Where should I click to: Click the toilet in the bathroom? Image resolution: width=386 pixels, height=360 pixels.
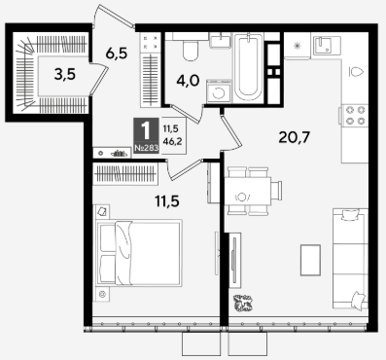[191, 51]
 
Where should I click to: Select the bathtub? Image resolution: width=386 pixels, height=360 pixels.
[248, 67]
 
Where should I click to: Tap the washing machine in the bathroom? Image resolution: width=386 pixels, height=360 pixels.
[219, 91]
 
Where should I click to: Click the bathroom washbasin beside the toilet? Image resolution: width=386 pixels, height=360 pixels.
[220, 40]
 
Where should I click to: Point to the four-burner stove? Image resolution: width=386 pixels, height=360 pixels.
[354, 115]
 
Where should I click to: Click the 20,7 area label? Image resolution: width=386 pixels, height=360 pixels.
[295, 138]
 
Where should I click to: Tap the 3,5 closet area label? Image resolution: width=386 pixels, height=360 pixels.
[65, 75]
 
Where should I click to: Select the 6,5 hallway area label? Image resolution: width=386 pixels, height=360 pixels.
[117, 54]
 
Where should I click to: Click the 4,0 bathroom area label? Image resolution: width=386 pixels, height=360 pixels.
[188, 81]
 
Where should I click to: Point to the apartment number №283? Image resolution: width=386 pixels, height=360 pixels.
[147, 149]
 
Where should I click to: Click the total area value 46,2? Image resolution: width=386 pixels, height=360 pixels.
[172, 141]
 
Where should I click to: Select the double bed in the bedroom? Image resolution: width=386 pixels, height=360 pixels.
[139, 253]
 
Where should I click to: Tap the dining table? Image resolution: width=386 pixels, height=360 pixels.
[248, 192]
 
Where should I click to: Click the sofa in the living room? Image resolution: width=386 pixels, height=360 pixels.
[351, 259]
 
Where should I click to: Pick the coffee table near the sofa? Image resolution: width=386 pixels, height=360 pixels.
[310, 260]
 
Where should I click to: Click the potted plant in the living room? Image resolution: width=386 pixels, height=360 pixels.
[243, 304]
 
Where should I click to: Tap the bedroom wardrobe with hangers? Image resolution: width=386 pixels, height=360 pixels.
[125, 173]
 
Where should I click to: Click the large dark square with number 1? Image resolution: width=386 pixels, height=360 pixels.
[147, 135]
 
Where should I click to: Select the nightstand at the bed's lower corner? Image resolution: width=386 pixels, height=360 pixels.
[103, 295]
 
